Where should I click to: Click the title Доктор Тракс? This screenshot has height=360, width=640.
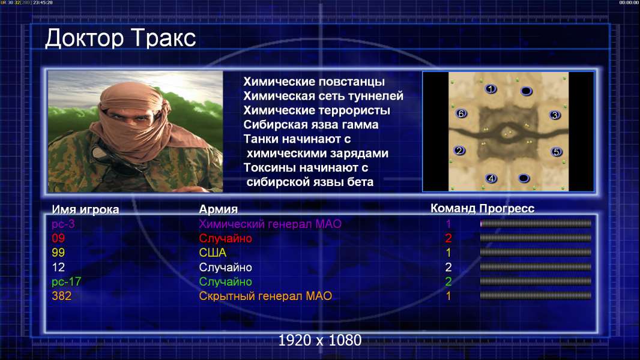coord(121,38)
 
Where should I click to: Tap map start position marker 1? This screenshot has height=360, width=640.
coord(491,88)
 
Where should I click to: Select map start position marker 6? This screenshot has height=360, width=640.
coord(461,113)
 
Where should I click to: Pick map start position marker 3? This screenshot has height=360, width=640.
coord(555,115)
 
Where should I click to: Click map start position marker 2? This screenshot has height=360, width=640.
coord(459,151)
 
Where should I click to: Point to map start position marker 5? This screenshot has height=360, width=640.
coord(556,152)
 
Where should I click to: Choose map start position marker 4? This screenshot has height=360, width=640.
coord(491,178)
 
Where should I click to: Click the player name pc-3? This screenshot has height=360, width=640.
coord(63,224)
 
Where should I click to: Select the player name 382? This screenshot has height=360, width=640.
coord(61,296)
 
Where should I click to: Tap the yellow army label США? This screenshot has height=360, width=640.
coord(213,253)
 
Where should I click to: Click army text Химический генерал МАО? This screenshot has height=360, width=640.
coord(270,224)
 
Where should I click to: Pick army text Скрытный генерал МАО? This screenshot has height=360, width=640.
coord(265,296)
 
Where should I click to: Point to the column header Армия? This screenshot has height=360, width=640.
coord(218,209)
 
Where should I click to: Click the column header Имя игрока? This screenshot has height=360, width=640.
coord(85,209)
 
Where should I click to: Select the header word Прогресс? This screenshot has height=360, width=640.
coord(507,208)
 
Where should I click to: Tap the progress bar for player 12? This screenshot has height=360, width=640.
coord(536,267)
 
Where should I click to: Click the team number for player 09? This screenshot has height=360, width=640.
coord(448,238)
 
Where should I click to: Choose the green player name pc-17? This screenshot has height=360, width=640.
coord(66,281)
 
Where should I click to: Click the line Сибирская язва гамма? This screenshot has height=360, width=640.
coord(310,124)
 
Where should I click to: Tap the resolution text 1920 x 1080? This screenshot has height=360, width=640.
coord(319,340)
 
